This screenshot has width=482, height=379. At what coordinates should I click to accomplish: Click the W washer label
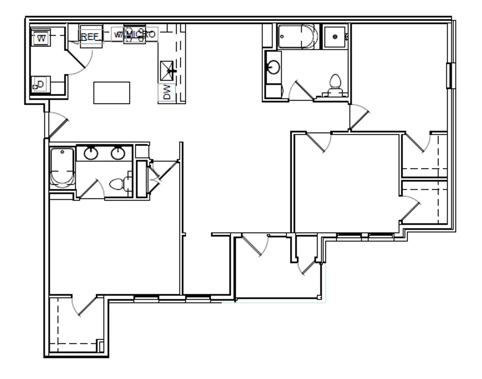pos(41,38)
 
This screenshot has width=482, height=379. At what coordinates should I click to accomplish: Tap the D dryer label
pos(40,84)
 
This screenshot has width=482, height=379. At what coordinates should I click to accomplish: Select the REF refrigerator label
pos(90,37)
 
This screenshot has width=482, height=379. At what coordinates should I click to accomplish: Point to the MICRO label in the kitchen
pos(141,34)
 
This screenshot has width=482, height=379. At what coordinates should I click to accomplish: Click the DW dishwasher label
pos(167,92)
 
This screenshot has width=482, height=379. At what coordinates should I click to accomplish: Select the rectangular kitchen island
pos(112,93)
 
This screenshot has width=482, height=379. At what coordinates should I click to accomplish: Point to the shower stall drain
pos(335,37)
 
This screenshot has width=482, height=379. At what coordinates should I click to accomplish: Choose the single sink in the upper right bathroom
pos(273,67)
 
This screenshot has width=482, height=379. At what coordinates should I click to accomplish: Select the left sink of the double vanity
pos(91,153)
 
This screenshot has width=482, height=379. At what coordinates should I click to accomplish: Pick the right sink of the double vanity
pos(118,153)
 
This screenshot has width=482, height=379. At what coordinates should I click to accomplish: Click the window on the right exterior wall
pos(450,76)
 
